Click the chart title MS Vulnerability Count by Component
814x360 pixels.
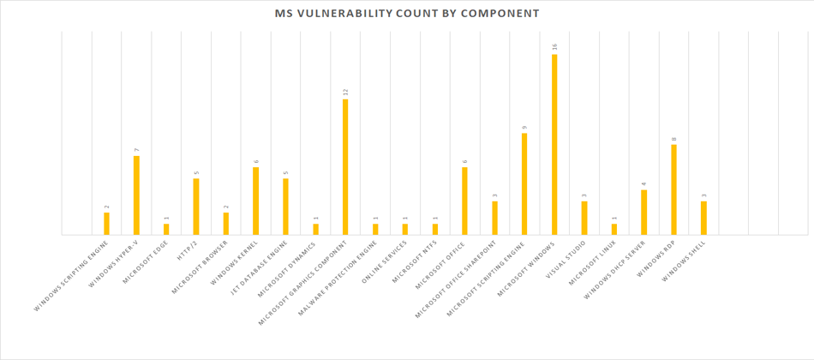click(407, 14)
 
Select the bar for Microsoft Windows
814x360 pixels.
click(554, 144)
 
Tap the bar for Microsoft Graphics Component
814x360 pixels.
click(345, 166)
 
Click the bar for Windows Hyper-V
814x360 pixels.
click(136, 195)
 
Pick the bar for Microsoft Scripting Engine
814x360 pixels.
click(524, 183)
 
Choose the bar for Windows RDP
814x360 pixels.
click(673, 189)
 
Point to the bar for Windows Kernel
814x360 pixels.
click(255, 201)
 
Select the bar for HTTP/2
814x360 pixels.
click(196, 206)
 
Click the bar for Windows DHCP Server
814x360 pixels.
click(643, 212)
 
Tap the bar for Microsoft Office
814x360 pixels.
click(464, 201)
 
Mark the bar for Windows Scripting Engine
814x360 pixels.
click(106, 223)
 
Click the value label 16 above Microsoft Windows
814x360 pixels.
click(555, 48)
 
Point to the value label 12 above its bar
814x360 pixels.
click(345, 92)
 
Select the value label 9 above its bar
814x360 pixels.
click(524, 127)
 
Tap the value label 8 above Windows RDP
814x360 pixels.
click(674, 138)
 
